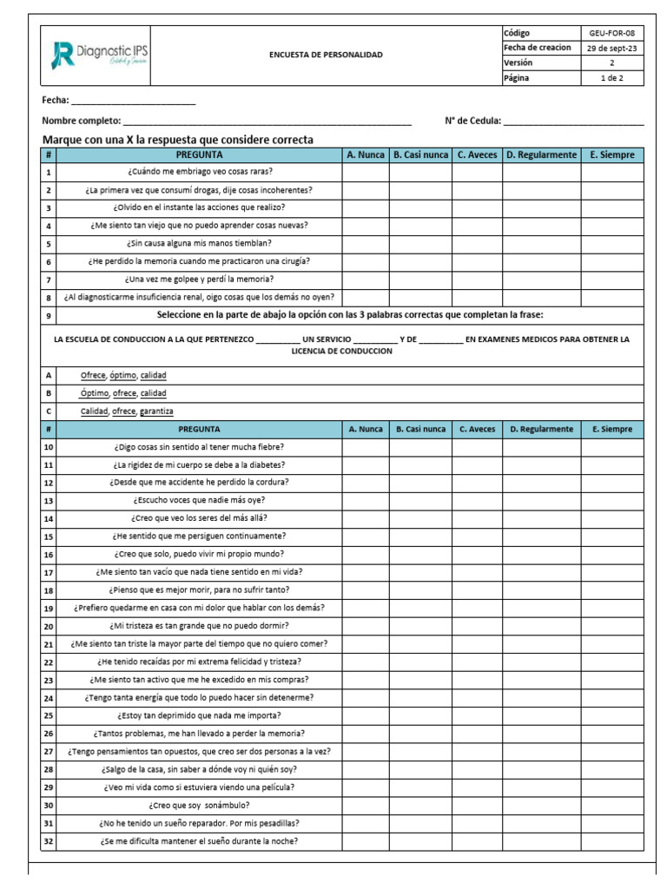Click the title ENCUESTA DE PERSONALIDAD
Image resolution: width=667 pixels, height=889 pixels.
326,55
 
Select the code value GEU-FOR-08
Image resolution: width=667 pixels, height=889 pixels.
611,33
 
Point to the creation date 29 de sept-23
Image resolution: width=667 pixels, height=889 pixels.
611,48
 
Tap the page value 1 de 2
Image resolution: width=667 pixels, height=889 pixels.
611,78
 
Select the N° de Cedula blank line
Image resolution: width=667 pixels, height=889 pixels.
573,121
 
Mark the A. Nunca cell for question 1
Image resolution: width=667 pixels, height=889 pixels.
365,172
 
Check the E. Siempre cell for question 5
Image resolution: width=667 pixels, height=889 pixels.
611,244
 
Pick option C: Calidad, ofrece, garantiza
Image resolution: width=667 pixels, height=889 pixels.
127,412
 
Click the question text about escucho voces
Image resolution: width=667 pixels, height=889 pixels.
199,500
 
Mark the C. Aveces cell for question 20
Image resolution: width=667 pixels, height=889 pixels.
477,626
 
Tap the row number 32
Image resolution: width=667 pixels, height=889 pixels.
49,841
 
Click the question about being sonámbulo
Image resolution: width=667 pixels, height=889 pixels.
199,805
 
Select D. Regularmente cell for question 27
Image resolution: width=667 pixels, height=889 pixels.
541,751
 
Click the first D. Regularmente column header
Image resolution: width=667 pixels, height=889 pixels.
541,155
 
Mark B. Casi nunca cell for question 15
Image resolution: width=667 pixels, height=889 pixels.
420,536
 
